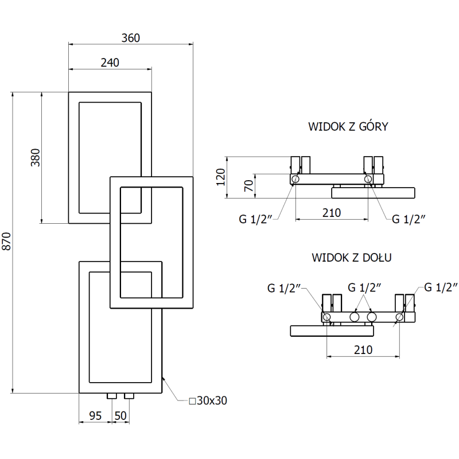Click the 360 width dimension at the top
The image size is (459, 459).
(131, 38)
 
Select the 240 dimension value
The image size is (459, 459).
(110, 63)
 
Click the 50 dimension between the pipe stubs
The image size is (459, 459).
(121, 415)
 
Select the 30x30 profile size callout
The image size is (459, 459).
(208, 400)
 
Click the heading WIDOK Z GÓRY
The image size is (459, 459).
(348, 126)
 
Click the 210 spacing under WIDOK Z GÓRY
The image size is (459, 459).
(331, 213)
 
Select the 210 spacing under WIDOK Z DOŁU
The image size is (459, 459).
(363, 349)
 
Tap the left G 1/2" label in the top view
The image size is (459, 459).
(256, 219)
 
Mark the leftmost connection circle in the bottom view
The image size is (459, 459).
(326, 317)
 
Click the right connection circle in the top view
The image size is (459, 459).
(368, 180)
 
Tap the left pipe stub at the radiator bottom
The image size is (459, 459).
(111, 396)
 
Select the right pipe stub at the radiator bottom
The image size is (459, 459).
(130, 396)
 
